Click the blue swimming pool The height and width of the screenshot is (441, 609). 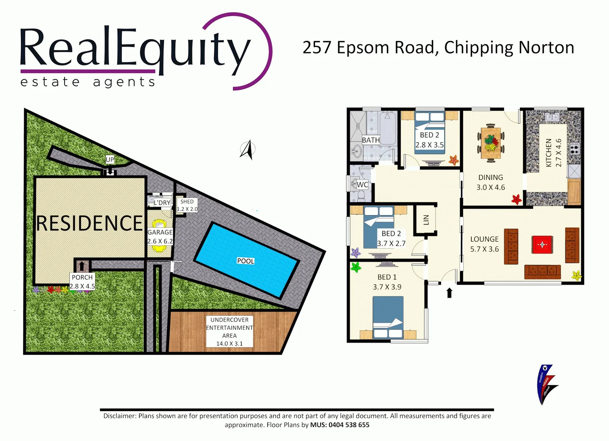click(246, 260)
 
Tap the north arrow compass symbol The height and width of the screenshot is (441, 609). click(248, 150)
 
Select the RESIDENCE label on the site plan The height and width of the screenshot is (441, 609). click(89, 223)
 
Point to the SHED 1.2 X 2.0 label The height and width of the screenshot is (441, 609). click(187, 205)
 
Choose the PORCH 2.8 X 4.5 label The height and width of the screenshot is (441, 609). click(82, 282)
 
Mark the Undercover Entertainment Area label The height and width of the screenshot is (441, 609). click(230, 332)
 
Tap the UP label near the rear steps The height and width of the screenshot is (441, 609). click(110, 160)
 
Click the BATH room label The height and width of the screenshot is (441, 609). click(371, 140)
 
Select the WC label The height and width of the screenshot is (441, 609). click(362, 185)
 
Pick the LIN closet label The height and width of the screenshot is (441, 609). click(426, 220)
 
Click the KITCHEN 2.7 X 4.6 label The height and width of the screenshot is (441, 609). click(553, 153)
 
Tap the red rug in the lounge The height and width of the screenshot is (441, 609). click(542, 245)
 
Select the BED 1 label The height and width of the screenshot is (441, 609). click(387, 277)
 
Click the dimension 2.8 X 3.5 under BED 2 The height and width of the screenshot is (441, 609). click(429, 145)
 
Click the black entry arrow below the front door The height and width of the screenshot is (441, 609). click(449, 293)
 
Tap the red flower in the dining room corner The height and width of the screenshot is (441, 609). click(517, 199)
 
